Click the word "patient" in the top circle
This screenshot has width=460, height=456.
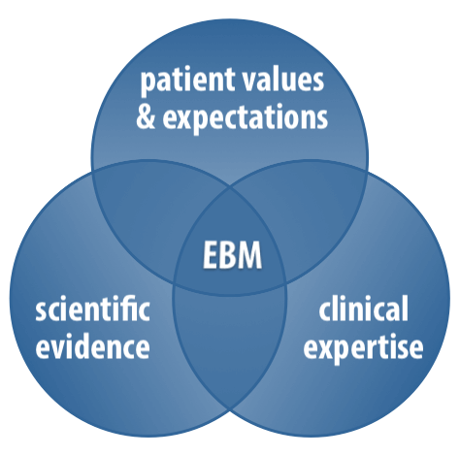click(187, 81)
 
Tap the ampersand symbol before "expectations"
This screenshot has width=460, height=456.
click(146, 116)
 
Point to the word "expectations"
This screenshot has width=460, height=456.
click(245, 118)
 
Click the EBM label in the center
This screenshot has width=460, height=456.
click(232, 255)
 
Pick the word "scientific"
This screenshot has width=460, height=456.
click(92, 309)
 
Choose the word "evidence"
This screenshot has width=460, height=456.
click(92, 346)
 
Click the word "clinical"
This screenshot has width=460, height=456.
click(363, 309)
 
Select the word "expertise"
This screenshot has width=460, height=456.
click(363, 348)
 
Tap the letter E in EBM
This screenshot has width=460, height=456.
click(211, 255)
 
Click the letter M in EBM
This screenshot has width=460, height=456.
click(248, 255)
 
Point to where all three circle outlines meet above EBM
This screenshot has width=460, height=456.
click(230, 187)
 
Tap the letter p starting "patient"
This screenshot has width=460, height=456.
click(148, 83)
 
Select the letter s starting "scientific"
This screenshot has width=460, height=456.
click(41, 311)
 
